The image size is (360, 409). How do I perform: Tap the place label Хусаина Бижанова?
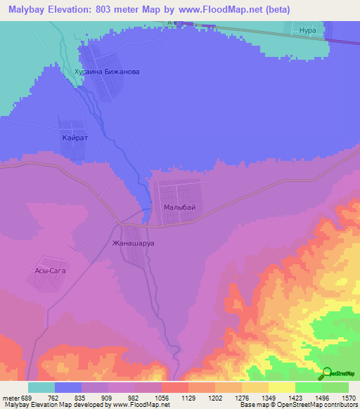107,72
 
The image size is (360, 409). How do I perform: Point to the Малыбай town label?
179,207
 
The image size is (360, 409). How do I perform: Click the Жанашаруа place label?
133,243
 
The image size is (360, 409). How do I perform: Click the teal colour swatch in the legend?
41,387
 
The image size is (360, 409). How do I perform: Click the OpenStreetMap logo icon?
326,374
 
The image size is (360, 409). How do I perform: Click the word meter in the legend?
12,398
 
